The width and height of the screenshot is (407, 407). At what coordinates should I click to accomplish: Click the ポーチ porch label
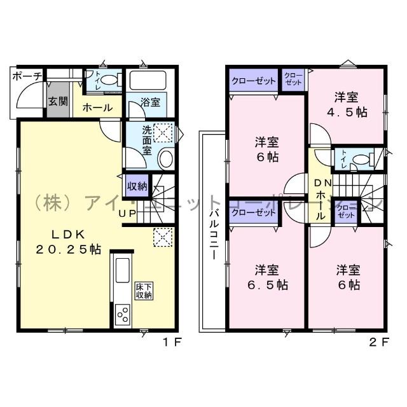[26, 77]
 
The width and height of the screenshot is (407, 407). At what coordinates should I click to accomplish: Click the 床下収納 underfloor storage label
[143, 291]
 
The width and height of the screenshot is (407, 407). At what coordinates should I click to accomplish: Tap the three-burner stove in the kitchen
[122, 314]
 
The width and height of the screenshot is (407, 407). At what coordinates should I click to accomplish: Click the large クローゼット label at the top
[253, 81]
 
